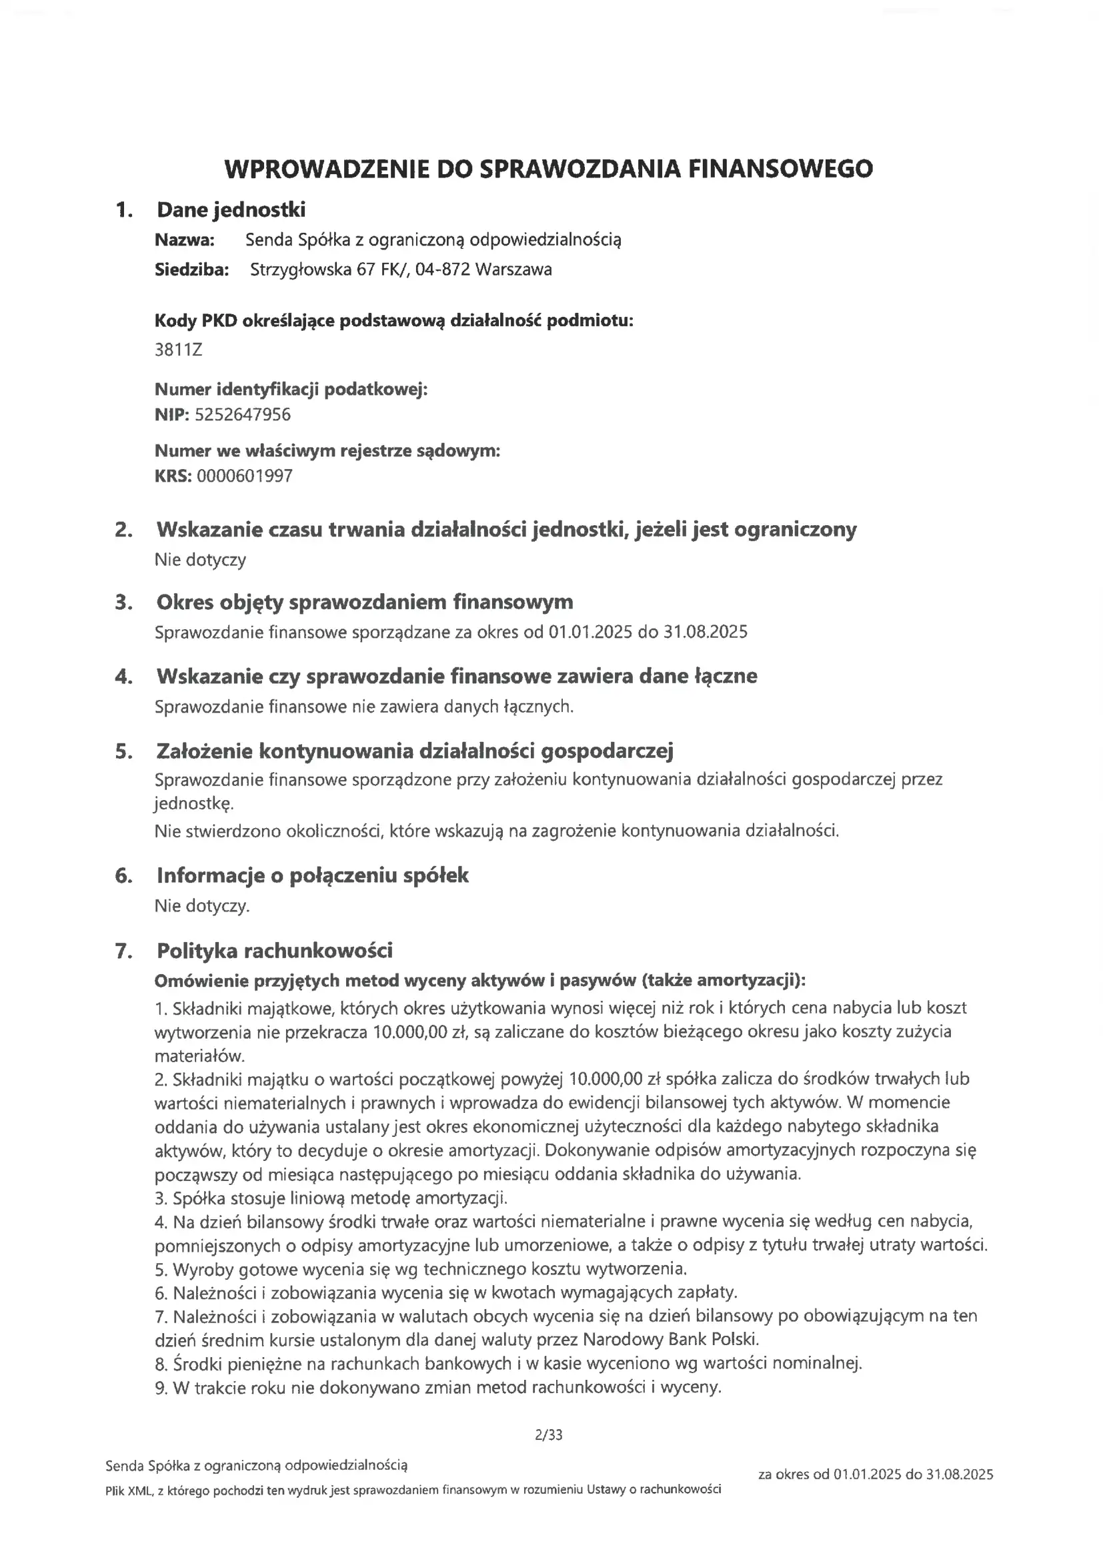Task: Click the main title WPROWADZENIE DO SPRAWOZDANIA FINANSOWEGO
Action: [548, 169]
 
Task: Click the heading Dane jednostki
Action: [231, 210]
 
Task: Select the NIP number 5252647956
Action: [243, 415]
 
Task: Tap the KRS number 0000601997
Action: [245, 476]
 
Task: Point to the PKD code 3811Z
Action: [179, 350]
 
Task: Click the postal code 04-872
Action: [442, 270]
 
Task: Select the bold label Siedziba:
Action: [191, 270]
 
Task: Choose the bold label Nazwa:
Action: [185, 240]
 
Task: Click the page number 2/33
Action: [549, 1435]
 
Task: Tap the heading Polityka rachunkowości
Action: [274, 951]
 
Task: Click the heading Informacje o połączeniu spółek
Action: [312, 875]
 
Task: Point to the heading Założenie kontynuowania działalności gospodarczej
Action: [414, 751]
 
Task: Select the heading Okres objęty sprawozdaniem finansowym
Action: [365, 602]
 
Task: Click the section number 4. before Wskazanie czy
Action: [123, 677]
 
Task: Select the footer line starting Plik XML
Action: [413, 1490]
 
